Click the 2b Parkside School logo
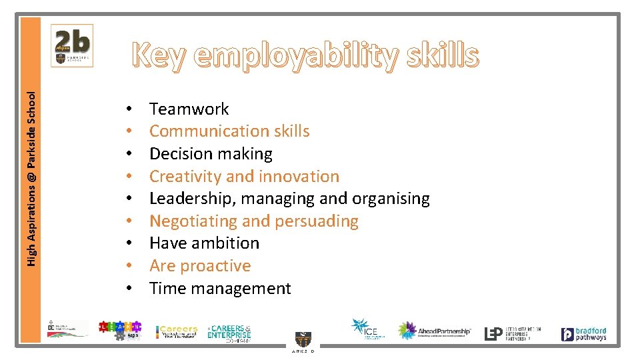click(72, 46)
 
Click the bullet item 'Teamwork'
click(189, 109)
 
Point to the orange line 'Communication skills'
click(229, 131)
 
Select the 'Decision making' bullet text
click(211, 153)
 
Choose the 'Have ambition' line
click(204, 243)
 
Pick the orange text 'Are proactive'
click(200, 265)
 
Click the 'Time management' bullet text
click(220, 288)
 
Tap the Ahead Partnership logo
click(435, 331)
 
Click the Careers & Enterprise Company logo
click(229, 333)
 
